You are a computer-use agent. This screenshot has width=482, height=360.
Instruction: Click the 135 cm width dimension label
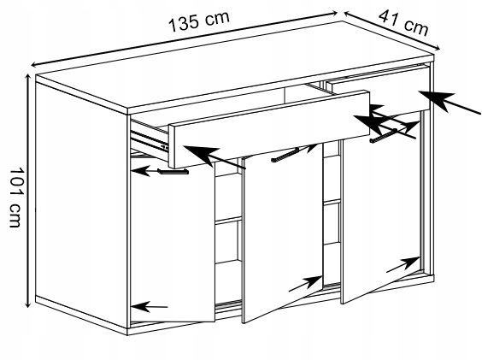tap(199, 21)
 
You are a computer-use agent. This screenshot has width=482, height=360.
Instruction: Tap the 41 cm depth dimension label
tap(403, 23)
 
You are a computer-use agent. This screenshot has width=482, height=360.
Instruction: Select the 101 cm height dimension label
tap(15, 198)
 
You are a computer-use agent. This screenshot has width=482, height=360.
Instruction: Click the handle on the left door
tap(173, 171)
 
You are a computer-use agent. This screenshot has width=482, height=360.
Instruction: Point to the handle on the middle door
tap(285, 155)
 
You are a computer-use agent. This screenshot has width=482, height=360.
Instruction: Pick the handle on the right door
tap(385, 135)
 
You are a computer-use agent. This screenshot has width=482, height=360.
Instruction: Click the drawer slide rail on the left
tap(150, 141)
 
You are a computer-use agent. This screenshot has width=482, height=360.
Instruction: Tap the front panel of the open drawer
tap(269, 129)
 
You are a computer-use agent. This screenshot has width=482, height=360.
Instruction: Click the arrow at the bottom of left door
tap(150, 306)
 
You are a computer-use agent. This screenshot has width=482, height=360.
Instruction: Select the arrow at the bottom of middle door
tap(305, 284)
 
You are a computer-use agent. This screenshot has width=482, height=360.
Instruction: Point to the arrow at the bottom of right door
tap(403, 264)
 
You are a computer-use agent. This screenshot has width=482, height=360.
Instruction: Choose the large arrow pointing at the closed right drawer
tap(450, 102)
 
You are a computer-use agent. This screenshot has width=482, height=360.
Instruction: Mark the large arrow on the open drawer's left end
tap(215, 156)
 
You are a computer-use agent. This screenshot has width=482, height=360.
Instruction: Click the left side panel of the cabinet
tap(81, 203)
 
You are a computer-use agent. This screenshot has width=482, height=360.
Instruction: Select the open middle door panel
tap(283, 233)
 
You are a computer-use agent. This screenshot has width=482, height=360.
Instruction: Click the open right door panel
tap(381, 207)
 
